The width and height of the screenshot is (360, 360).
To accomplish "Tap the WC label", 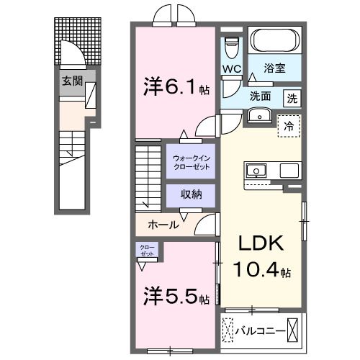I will tap(231, 69).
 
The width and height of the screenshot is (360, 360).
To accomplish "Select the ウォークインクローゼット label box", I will tap(192, 162).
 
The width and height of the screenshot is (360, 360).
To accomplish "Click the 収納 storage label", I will tap(191, 194).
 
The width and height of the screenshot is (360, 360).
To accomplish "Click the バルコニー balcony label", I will tap(258, 331).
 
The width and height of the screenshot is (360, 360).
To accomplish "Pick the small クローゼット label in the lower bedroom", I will tap(147, 251).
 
